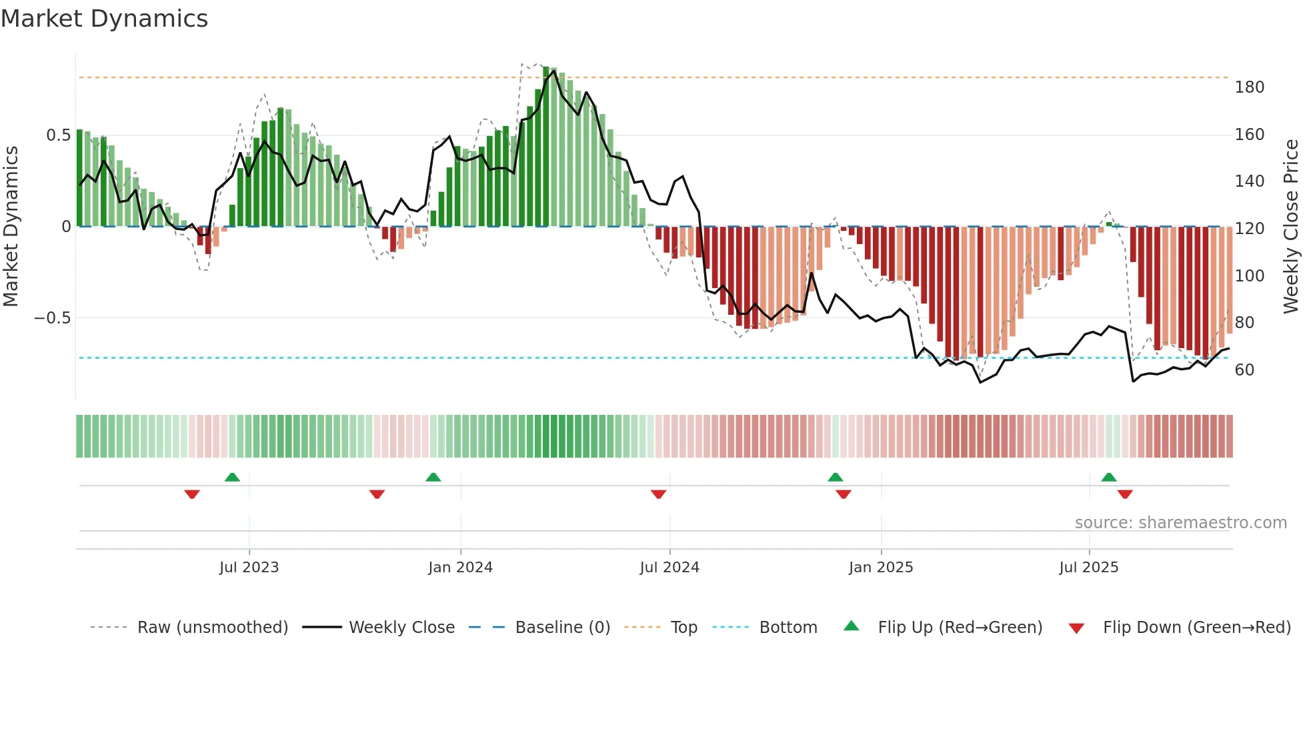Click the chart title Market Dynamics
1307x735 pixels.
pos(105,19)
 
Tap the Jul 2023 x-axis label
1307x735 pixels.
pos(249,568)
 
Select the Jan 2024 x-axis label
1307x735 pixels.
pos(460,568)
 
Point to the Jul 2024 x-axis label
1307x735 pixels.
pos(670,568)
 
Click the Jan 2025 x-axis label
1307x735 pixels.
pos(881,568)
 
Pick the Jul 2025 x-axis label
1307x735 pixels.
pos(1089,568)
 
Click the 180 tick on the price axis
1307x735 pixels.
pos(1249,87)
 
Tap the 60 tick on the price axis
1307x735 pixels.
pos(1244,370)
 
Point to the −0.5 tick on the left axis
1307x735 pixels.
pos(52,318)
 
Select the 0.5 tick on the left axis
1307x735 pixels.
pos(58,135)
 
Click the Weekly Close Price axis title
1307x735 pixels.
pos(1291,226)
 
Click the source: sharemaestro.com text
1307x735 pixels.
pos(1180,523)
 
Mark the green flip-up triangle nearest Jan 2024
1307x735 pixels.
pos(433,477)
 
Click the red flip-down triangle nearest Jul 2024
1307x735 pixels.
pos(658,494)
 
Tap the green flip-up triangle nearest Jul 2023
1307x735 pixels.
pos(232,477)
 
